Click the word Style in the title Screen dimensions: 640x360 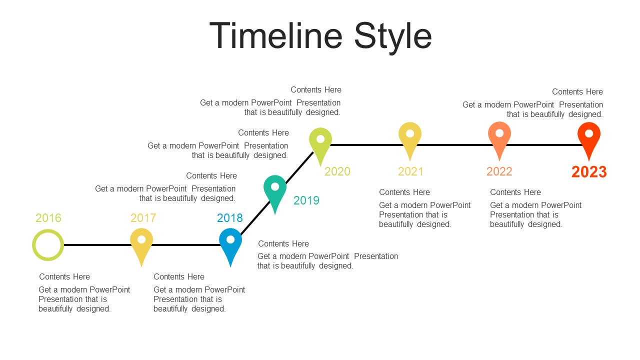393,38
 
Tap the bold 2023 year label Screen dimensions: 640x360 589,172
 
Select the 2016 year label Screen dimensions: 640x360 48,218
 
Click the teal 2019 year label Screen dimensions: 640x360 306,200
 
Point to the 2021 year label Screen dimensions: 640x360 410,171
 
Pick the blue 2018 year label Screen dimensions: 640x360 229,218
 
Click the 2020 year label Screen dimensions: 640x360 337,171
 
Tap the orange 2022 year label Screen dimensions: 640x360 499,171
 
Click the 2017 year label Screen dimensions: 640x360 143,218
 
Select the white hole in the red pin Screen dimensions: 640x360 589,133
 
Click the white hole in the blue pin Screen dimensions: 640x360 230,239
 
